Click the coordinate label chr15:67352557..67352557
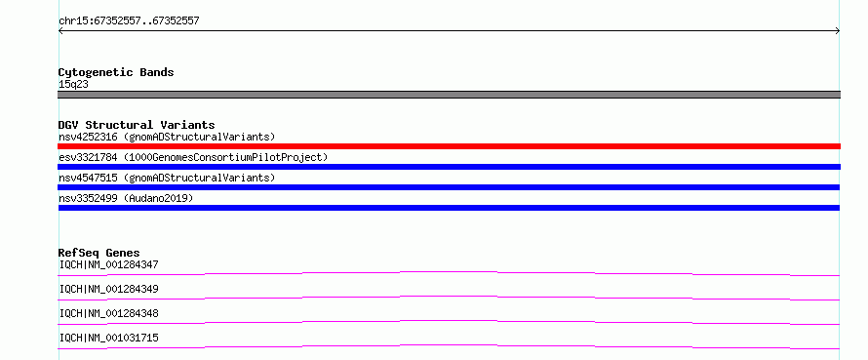(129, 21)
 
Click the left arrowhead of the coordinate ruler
(60, 31)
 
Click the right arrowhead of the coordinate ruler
(838, 31)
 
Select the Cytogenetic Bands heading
(116, 72)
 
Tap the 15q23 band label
(73, 85)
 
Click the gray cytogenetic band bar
(449, 95)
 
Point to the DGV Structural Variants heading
(137, 125)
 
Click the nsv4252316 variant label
(167, 137)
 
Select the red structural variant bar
(449, 146)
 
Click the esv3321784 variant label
(193, 157)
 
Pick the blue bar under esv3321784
(449, 167)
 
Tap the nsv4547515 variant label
(167, 178)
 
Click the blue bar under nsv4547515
(449, 187)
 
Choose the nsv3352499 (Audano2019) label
(126, 198)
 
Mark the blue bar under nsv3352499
(449, 208)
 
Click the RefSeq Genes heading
(99, 253)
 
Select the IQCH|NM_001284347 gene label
(108, 264)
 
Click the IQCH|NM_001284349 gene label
(108, 289)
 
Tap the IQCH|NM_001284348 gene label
(108, 313)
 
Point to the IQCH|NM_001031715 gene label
(108, 338)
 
